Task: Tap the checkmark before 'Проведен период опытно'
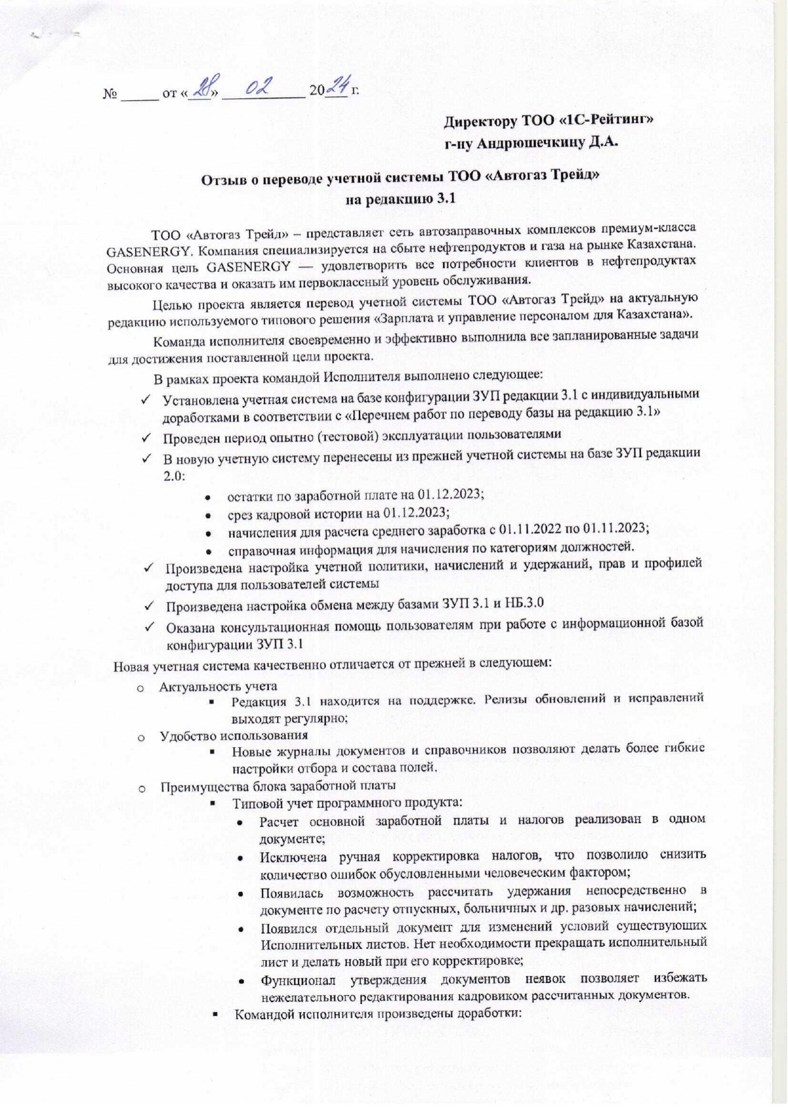pos(146,437)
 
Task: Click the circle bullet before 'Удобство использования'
pos(142,737)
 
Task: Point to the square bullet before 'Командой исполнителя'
pos(217,1015)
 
